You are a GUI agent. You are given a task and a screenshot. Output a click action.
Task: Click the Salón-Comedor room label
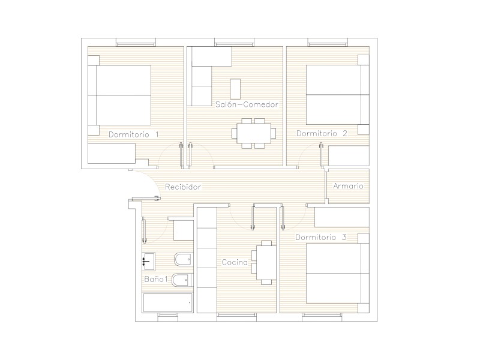247,104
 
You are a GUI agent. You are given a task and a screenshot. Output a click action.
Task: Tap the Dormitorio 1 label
134,134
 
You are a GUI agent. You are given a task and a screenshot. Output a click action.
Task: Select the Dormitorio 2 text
322,133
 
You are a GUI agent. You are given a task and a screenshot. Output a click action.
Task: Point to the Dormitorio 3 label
321,237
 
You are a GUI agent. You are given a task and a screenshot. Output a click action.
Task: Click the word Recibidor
183,187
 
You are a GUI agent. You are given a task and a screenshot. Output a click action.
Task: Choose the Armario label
348,186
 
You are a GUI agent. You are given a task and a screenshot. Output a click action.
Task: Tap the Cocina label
235,262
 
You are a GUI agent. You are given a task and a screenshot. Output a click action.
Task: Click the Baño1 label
156,279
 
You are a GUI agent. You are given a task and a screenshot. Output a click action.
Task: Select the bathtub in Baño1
168,303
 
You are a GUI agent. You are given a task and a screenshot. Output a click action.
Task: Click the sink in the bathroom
149,261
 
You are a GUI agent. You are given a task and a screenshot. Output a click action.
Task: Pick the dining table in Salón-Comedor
254,133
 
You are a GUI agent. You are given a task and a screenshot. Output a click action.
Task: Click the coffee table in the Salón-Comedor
235,89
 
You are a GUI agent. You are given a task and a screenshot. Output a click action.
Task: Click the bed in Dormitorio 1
124,95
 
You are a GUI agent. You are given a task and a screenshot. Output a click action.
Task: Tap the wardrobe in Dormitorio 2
349,156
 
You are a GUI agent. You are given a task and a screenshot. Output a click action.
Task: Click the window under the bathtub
168,317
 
